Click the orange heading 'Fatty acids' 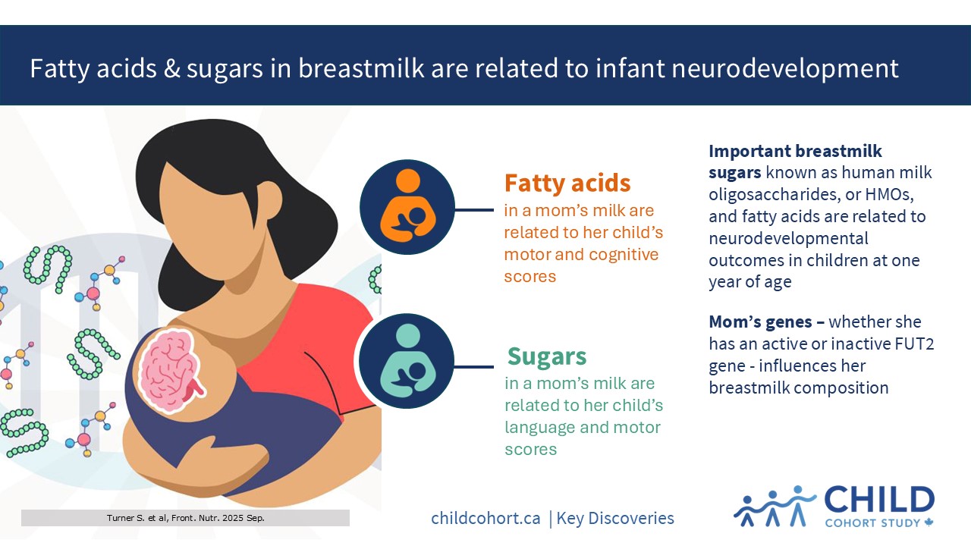pyautogui.click(x=567, y=183)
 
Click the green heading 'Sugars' pyautogui.click(x=547, y=356)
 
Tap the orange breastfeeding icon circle pyautogui.click(x=407, y=207)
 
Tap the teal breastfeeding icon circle pyautogui.click(x=407, y=361)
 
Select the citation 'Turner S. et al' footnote pyautogui.click(x=186, y=518)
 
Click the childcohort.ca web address pyautogui.click(x=485, y=518)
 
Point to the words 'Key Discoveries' pyautogui.click(x=615, y=518)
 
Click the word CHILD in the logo pyautogui.click(x=879, y=500)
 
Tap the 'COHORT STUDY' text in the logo pyautogui.click(x=872, y=523)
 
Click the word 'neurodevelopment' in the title pyautogui.click(x=785, y=68)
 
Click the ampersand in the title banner pyautogui.click(x=171, y=68)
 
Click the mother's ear pyautogui.click(x=269, y=199)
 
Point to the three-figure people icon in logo pyautogui.click(x=775, y=506)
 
